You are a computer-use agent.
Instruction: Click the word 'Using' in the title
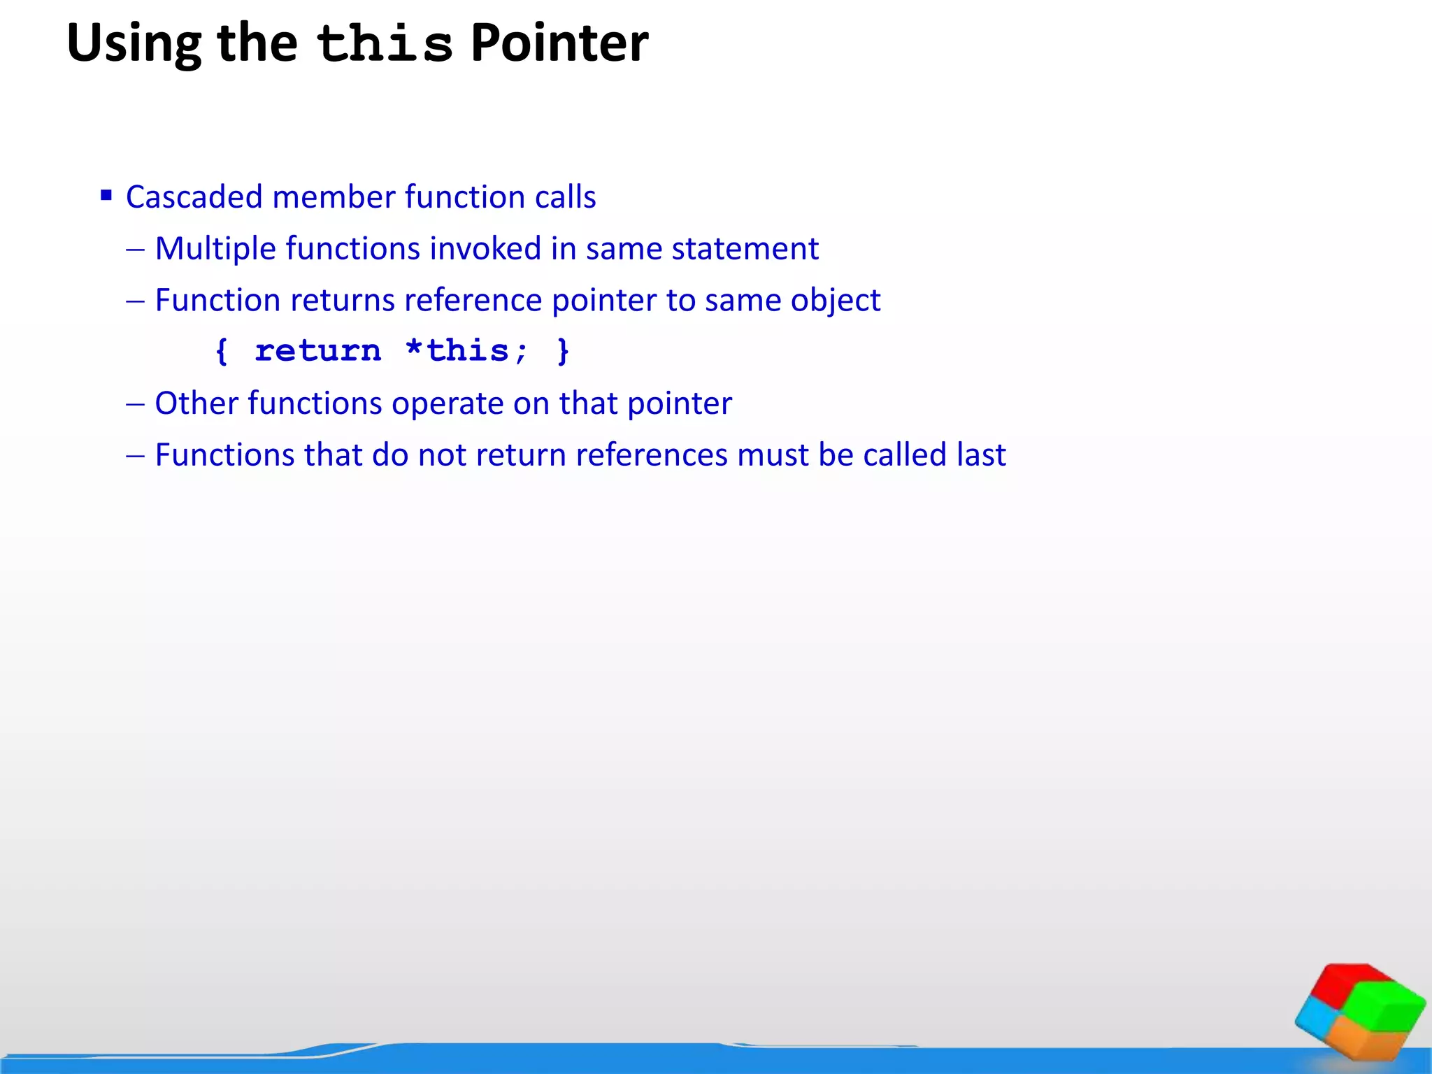[x=134, y=43]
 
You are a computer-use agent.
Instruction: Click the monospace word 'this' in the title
[x=385, y=43]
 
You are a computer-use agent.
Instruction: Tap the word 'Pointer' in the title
[x=559, y=43]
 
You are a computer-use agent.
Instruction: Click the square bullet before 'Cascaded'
[x=106, y=195]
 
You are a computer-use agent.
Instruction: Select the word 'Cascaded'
[x=194, y=197]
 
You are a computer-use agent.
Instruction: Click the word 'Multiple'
[x=215, y=249]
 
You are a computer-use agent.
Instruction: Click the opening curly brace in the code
[x=222, y=351]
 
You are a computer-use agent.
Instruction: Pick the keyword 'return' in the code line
[x=318, y=351]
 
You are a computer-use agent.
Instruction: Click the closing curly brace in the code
[x=563, y=351]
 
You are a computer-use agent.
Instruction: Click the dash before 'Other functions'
[x=135, y=404]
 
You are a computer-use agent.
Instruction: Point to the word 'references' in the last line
[x=652, y=455]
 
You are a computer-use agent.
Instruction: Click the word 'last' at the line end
[x=981, y=455]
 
